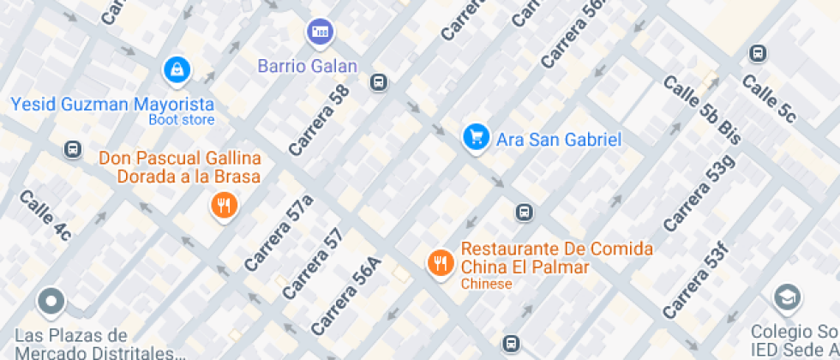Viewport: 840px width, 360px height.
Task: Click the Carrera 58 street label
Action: click(x=320, y=120)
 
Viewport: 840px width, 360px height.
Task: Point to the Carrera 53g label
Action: click(x=699, y=194)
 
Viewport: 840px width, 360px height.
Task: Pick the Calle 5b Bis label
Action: click(x=701, y=110)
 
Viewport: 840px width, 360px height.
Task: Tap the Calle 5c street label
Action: click(x=769, y=97)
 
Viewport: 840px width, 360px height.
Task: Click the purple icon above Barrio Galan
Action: click(x=321, y=33)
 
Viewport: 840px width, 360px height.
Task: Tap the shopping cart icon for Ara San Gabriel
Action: click(x=475, y=137)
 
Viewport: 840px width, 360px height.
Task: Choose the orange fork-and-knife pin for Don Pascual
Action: click(x=224, y=205)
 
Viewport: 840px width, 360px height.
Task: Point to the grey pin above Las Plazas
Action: click(x=52, y=301)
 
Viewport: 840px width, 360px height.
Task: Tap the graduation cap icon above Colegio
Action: click(x=785, y=298)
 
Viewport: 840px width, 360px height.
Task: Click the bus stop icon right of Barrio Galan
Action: click(x=377, y=82)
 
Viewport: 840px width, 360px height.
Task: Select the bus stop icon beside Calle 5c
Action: click(x=757, y=53)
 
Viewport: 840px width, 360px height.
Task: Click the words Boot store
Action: click(x=182, y=120)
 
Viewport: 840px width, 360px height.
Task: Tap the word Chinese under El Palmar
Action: click(x=486, y=284)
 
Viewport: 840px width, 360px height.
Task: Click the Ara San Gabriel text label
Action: click(x=559, y=139)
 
